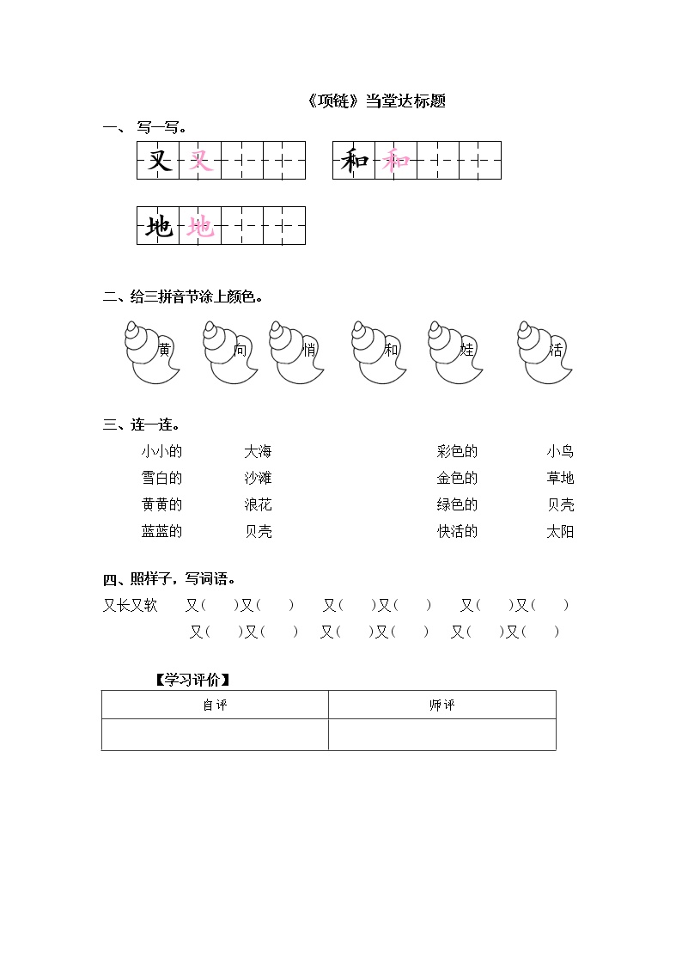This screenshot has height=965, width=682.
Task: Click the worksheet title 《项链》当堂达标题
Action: tap(375, 101)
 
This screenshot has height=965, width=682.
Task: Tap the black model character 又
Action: tap(159, 161)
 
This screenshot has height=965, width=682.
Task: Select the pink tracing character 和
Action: tap(396, 161)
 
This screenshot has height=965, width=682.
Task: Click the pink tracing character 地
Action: tap(200, 226)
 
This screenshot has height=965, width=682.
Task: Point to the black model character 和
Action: tap(354, 161)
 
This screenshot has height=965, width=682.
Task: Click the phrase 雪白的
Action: tap(162, 478)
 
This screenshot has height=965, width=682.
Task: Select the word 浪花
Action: tap(258, 504)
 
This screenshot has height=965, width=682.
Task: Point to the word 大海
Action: tap(258, 451)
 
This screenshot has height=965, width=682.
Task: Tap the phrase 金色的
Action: tap(457, 478)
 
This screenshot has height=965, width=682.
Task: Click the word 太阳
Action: tap(560, 531)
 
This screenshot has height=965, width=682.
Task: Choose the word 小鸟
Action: tap(560, 451)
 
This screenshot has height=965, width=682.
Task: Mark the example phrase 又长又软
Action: tap(131, 605)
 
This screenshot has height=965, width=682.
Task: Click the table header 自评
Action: tap(215, 705)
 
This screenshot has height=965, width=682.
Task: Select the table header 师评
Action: tap(441, 705)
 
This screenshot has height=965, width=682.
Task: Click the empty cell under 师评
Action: tap(441, 735)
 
